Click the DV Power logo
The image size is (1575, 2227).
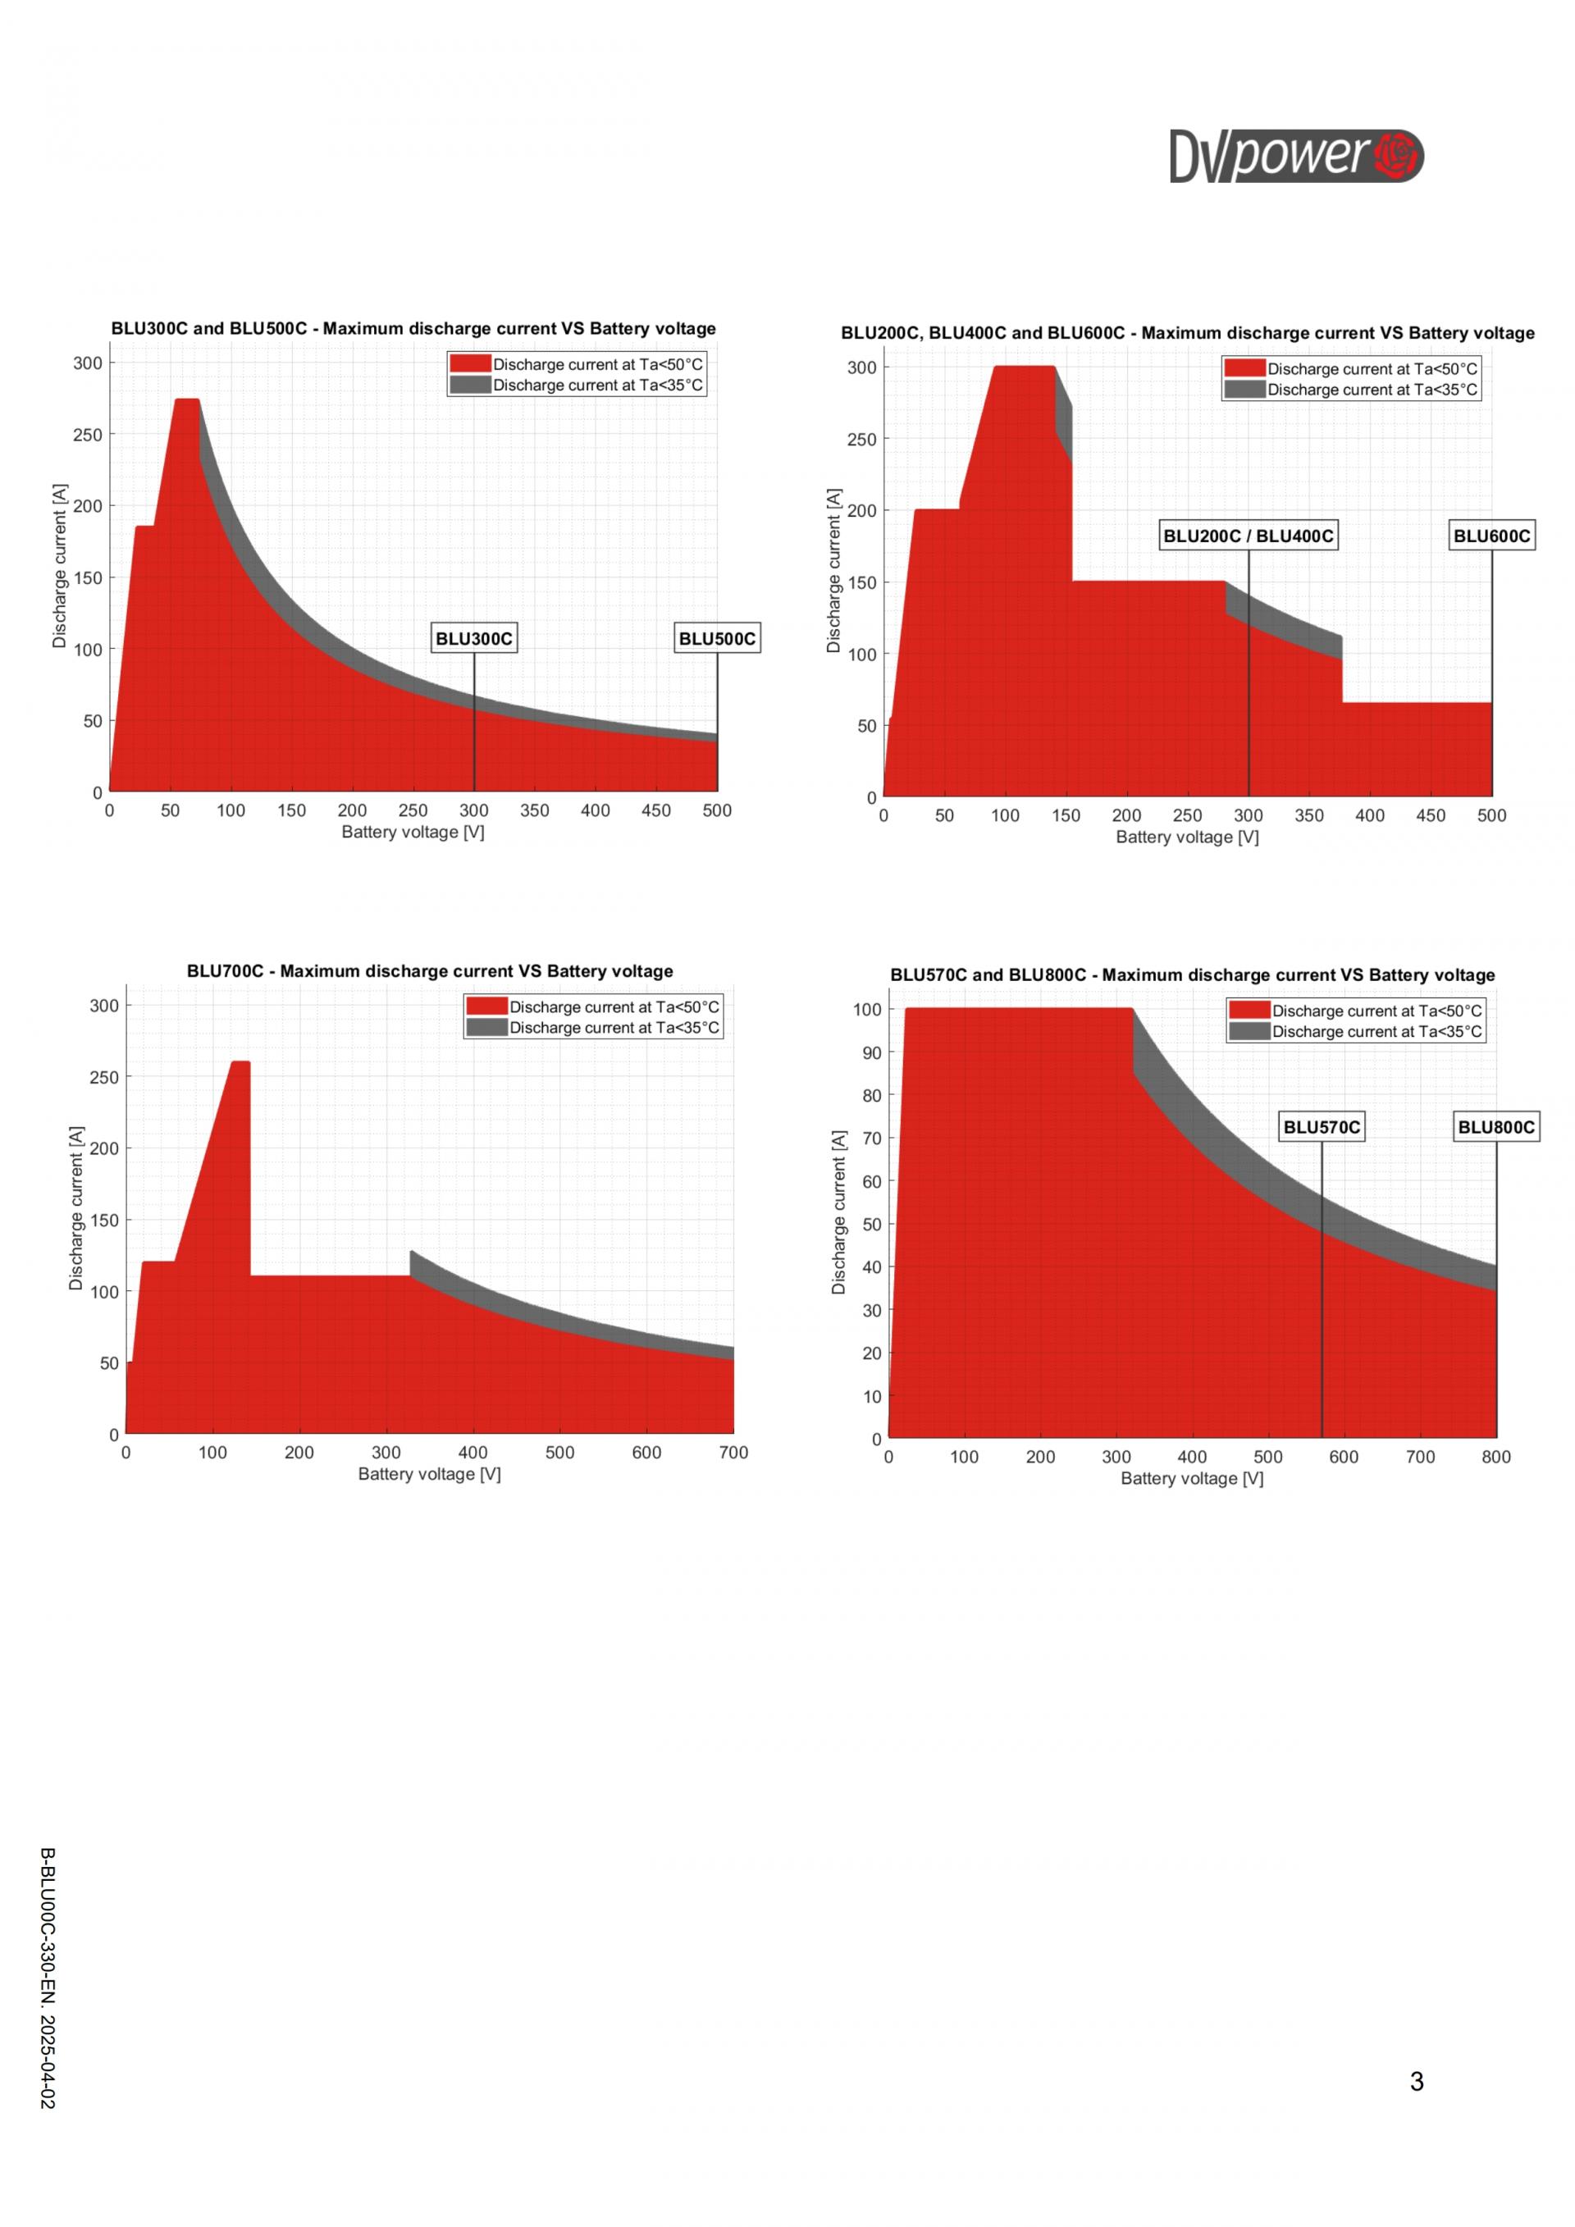1296,156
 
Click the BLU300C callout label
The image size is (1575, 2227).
473,638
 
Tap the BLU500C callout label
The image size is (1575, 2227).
717,638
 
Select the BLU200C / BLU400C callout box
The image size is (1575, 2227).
1249,536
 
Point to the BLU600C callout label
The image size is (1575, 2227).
1491,536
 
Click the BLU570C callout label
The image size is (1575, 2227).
1321,1127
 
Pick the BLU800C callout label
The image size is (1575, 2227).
1496,1127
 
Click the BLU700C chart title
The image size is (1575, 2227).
430,971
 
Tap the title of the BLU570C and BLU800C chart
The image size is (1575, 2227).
1192,974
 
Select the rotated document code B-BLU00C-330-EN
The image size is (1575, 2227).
48,1978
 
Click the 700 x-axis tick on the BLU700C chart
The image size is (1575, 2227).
733,1452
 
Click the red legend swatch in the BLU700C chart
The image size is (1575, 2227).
486,1006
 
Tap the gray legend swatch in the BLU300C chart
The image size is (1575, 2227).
470,385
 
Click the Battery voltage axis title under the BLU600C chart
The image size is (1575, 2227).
1187,837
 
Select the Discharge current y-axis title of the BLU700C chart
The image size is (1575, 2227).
75,1207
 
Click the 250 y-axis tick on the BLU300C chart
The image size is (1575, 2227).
87,435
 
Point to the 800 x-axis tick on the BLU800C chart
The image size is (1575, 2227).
1495,1457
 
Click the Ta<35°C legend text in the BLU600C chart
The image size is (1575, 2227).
1372,390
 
